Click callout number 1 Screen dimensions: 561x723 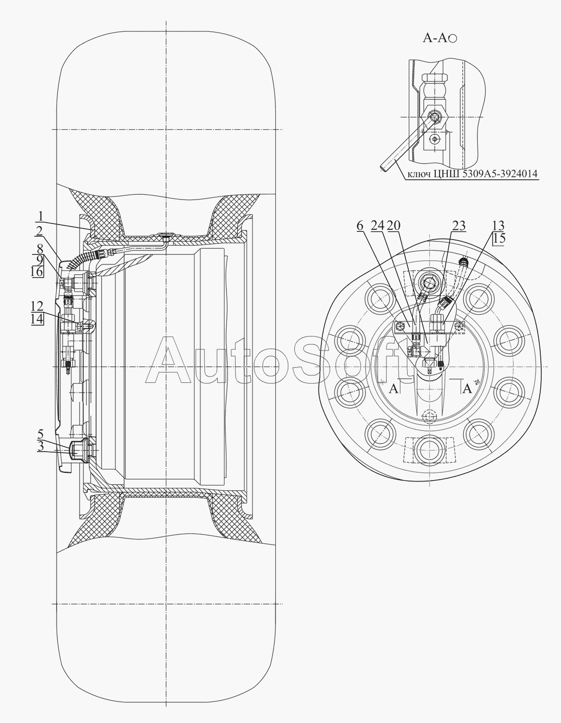click(40, 216)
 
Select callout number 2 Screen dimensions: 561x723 click(39, 231)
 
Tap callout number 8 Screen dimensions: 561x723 click(40, 249)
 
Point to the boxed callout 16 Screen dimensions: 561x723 click(37, 271)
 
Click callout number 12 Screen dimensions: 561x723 click(37, 306)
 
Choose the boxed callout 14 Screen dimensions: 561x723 click(37, 319)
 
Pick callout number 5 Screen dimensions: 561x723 click(40, 434)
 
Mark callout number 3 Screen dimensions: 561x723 click(40, 446)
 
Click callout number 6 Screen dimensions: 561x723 click(360, 226)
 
